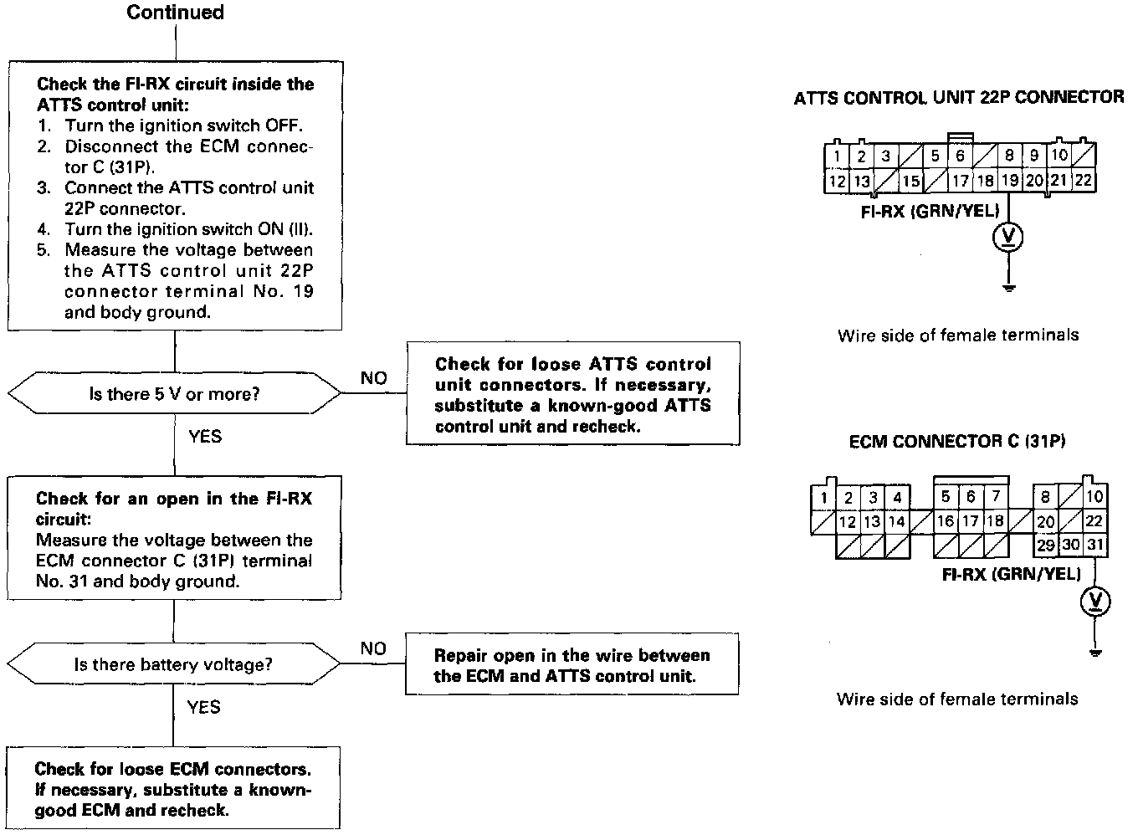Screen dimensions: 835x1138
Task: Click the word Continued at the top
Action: [x=175, y=13]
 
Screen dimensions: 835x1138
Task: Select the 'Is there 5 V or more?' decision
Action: [x=174, y=394]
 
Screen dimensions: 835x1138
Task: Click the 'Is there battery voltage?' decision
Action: [x=173, y=665]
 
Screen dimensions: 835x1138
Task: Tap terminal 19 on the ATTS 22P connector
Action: [x=1010, y=180]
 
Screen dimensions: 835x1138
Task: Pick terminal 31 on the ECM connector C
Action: [x=1096, y=545]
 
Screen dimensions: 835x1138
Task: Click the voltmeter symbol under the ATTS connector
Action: [x=1010, y=238]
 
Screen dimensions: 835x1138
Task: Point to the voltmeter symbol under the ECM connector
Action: [x=1096, y=601]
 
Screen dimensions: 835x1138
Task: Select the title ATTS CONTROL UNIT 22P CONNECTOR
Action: [x=959, y=98]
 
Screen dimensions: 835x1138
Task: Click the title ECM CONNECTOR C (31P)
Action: [x=957, y=441]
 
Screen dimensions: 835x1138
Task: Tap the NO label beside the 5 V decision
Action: [x=373, y=378]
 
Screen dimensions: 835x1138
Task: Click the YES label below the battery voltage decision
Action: [x=204, y=708]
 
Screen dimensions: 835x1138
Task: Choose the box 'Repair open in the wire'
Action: [x=572, y=666]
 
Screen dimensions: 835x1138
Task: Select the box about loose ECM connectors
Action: [x=173, y=789]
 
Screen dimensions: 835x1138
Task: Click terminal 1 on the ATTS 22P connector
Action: [x=837, y=156]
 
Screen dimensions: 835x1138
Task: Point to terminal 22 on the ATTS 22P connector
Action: [x=1084, y=180]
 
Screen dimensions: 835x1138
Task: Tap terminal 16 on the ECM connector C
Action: [x=946, y=521]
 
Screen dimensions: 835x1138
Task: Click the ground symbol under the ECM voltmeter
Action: [x=1096, y=652]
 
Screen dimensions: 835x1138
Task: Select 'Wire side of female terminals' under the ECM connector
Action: [x=957, y=699]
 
